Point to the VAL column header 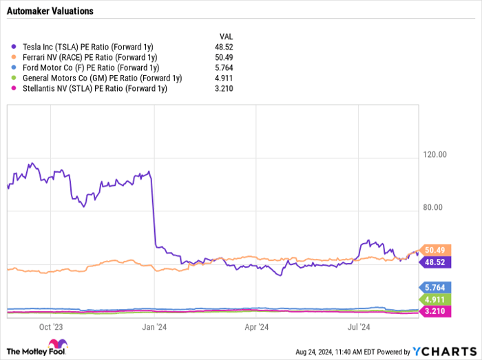coord(225,35)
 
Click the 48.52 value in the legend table coord(225,47)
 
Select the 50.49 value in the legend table coord(225,57)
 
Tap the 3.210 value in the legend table coord(225,88)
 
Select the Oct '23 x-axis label coord(50,327)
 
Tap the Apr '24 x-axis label coord(255,327)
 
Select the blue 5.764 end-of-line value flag coord(435,288)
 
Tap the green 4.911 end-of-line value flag coord(435,299)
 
